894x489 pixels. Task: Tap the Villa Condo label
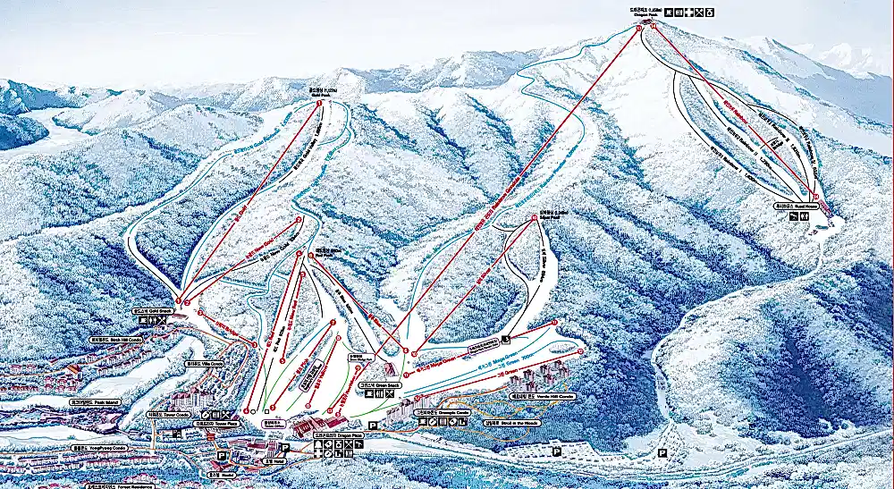[198, 364]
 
